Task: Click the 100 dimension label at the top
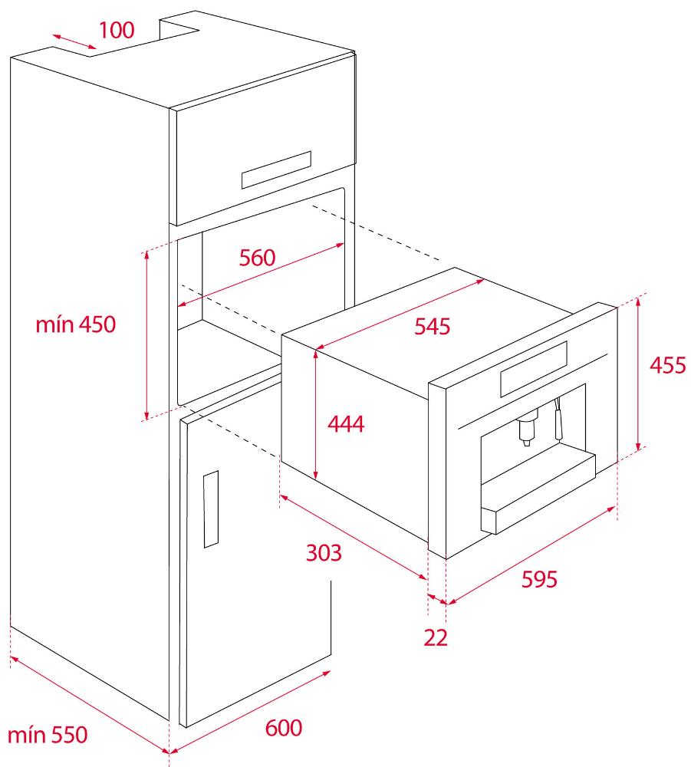click(x=117, y=31)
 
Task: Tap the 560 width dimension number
click(x=257, y=258)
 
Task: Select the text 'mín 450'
click(x=76, y=324)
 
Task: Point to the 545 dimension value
click(x=433, y=326)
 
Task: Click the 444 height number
click(x=346, y=423)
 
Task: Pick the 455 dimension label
click(x=668, y=365)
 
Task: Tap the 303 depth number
click(x=324, y=553)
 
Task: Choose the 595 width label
click(x=539, y=579)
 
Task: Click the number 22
click(x=436, y=638)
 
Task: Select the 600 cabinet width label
click(x=284, y=728)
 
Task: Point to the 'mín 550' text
click(x=48, y=736)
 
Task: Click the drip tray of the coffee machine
click(x=538, y=494)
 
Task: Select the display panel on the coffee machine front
click(x=534, y=369)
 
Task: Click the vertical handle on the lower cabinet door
click(x=211, y=509)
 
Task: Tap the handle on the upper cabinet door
click(x=276, y=170)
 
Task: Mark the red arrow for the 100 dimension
click(x=75, y=42)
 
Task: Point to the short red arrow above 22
click(x=436, y=599)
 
